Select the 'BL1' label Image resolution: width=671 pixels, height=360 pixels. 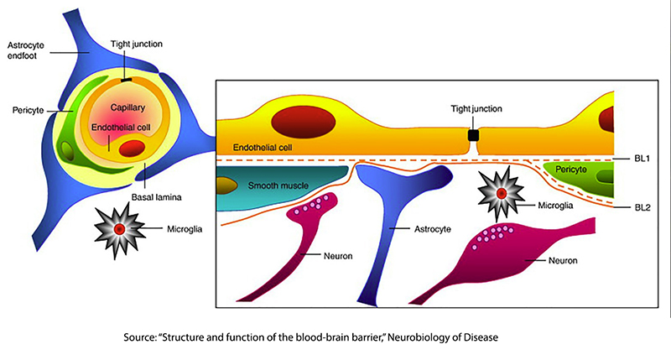[643, 157]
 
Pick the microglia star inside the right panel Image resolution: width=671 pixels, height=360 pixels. [501, 194]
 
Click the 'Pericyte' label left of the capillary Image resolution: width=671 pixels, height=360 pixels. [24, 110]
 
